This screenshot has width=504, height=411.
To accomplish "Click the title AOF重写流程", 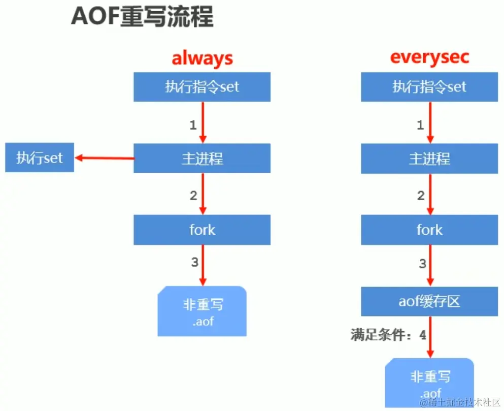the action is tap(142, 17).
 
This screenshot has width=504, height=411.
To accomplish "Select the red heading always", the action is tap(202, 58).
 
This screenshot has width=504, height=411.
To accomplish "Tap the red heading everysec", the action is tap(429, 57).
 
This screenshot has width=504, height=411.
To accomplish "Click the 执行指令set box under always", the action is tap(202, 87).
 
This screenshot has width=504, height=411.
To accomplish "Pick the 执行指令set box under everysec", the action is tap(429, 87).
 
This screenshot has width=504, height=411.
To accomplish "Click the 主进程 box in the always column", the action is tap(202, 159).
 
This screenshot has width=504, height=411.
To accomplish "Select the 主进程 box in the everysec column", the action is tap(429, 159).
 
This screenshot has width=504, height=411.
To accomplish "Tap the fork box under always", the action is tap(202, 230).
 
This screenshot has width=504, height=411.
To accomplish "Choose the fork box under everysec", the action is tap(429, 230).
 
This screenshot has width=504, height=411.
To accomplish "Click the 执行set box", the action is tap(40, 158).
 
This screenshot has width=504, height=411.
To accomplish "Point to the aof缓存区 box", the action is tap(429, 301).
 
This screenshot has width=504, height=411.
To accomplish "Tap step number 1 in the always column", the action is tap(193, 124).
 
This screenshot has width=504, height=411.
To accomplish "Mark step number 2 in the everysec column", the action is tap(420, 196).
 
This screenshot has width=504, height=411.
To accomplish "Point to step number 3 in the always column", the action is tap(194, 263).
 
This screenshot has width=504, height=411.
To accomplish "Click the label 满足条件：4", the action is tap(388, 335).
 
